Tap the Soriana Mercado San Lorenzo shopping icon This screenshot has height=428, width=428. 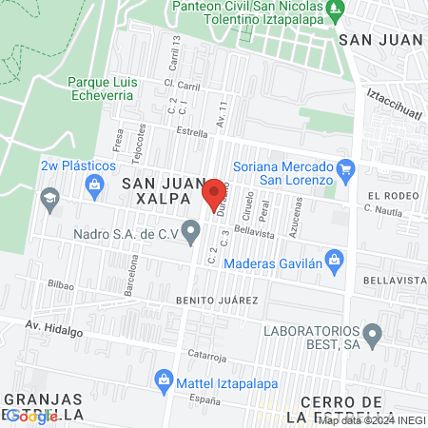[x=345, y=171]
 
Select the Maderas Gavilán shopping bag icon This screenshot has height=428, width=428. [x=334, y=259]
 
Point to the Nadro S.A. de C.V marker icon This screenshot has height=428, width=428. [x=192, y=229]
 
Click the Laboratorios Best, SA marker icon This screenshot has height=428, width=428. [x=372, y=334]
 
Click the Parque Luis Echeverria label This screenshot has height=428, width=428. [x=103, y=88]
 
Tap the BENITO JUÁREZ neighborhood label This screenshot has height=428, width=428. [x=217, y=301]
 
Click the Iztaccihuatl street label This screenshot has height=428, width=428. [x=394, y=105]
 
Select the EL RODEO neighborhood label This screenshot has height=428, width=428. [x=385, y=196]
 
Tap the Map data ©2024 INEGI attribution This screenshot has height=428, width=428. [x=372, y=419]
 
